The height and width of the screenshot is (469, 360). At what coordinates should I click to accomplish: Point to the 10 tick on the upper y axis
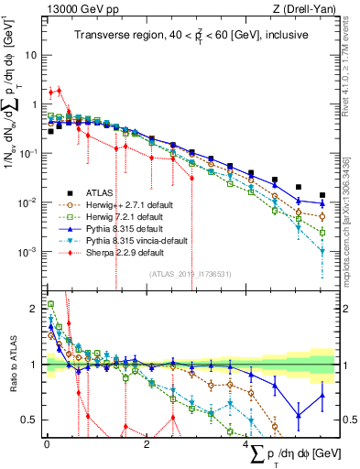(29, 55)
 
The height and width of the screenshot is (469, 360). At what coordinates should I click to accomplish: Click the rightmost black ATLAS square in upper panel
(322, 195)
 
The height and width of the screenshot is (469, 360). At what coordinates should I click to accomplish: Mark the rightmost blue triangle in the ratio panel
(322, 396)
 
